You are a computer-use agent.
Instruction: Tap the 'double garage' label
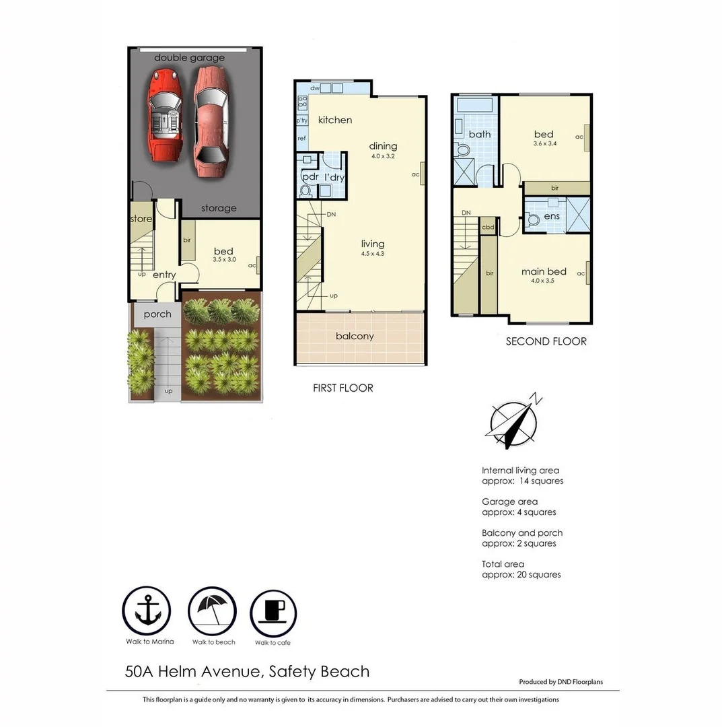click(x=189, y=58)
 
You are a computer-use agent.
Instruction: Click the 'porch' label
click(x=157, y=314)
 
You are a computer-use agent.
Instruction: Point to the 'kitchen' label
click(x=335, y=120)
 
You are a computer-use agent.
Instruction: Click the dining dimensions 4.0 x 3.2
click(x=382, y=156)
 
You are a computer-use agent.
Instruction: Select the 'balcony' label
click(x=355, y=337)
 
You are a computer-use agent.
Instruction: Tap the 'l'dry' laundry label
click(x=334, y=177)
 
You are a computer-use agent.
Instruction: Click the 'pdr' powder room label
click(x=310, y=177)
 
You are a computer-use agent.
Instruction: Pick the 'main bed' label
click(x=544, y=272)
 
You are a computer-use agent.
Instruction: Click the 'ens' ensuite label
click(x=551, y=216)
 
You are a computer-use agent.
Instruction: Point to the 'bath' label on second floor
click(x=480, y=134)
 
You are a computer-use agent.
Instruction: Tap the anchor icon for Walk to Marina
click(x=146, y=611)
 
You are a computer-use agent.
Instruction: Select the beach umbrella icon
click(x=212, y=611)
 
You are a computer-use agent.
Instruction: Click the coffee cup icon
click(x=273, y=611)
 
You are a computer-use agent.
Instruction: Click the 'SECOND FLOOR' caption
click(x=546, y=341)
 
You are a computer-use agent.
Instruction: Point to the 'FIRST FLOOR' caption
click(x=342, y=388)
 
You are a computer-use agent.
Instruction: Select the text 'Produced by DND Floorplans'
click(x=561, y=682)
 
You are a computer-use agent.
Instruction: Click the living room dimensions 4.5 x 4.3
click(x=372, y=254)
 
